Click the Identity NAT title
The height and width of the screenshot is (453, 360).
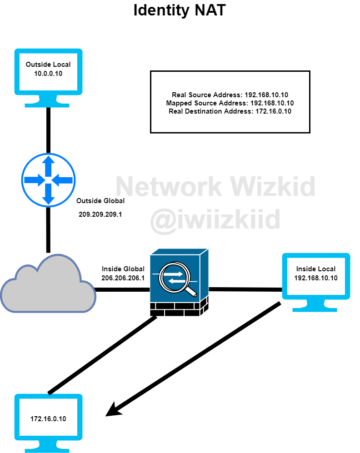click(180, 10)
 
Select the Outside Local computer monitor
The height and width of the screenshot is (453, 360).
click(48, 73)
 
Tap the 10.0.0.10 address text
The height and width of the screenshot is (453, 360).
click(48, 73)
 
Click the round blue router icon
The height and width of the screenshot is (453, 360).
click(48, 180)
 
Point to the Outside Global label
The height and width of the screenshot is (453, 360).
click(100, 200)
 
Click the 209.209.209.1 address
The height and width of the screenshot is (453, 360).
click(100, 214)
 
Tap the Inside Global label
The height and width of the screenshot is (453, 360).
click(123, 269)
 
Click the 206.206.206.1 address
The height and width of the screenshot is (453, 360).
click(123, 278)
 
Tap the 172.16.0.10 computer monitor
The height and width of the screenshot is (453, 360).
click(48, 418)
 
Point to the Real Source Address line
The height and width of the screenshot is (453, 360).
click(230, 95)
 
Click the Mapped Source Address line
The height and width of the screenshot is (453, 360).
click(230, 103)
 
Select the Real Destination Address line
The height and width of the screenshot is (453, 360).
click(230, 111)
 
